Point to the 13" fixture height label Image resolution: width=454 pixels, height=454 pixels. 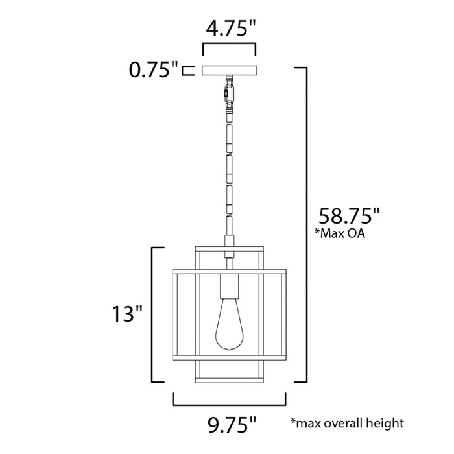(125, 315)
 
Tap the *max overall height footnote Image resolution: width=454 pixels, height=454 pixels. (346, 423)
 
